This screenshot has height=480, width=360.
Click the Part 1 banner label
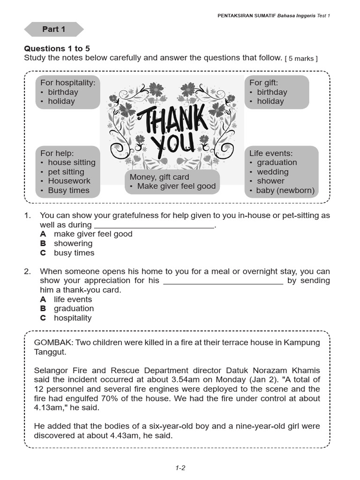coord(53,29)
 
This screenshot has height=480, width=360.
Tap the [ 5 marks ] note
coord(301,58)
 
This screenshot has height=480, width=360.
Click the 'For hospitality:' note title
coord(67,82)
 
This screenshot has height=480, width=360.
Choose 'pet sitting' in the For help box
coord(66,172)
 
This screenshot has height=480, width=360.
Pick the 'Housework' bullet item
coord(69,181)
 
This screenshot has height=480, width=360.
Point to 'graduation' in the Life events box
coord(277,162)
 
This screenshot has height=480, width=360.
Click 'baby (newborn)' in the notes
coord(285,190)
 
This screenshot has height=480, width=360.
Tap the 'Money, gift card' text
coord(159,177)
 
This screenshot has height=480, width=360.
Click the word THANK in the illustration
coord(172,119)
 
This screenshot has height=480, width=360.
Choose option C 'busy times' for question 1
coord(74,253)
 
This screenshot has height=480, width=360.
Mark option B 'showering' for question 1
coord(73,243)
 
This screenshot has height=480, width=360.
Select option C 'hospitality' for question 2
coord(73,318)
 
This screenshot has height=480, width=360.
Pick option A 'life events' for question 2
coord(73,299)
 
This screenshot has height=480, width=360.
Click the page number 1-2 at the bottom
coord(180,467)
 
